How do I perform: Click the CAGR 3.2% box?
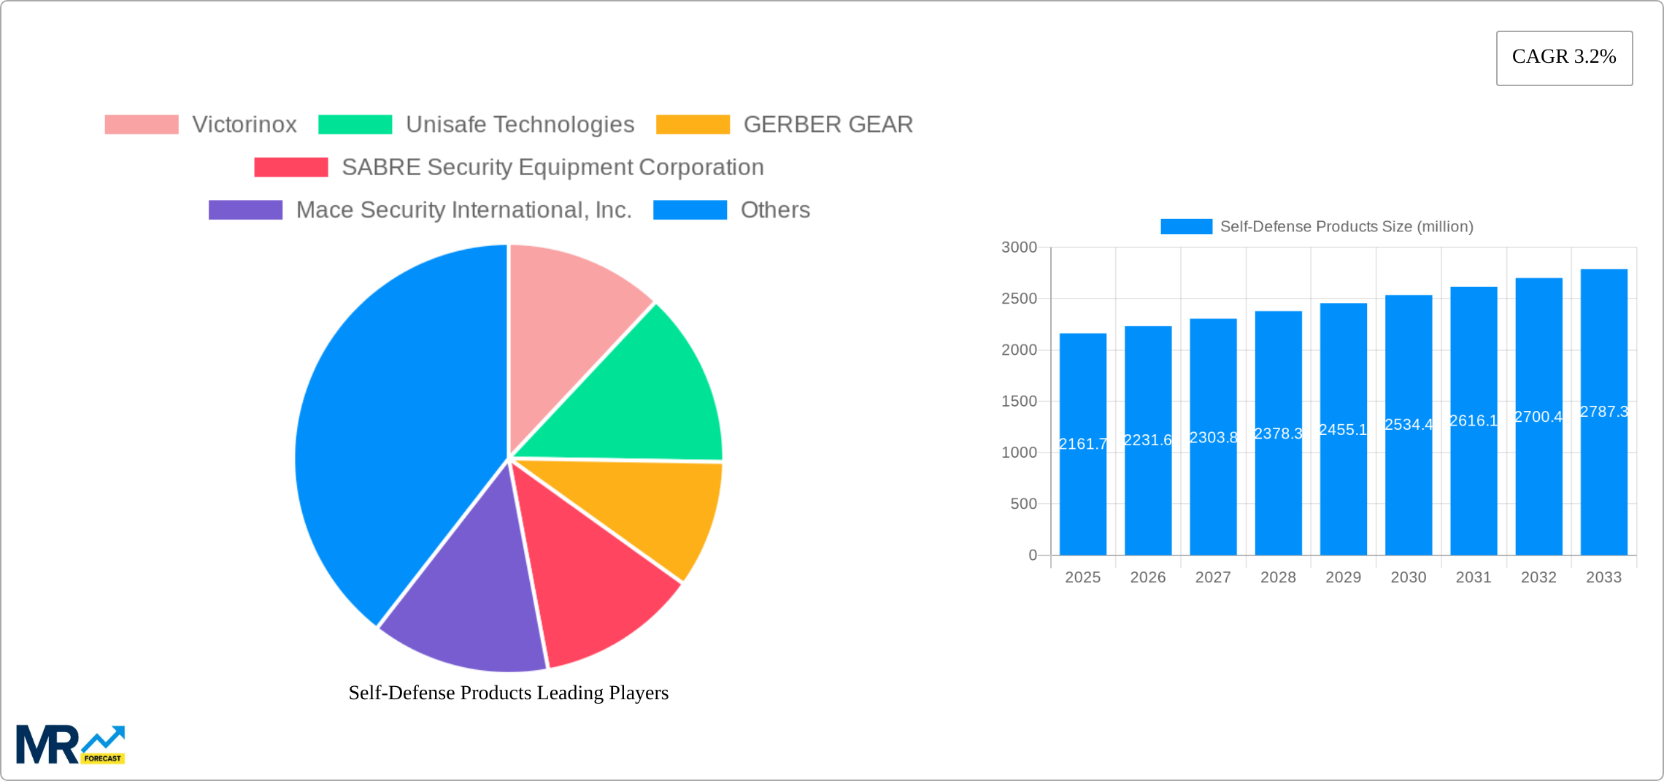(1564, 58)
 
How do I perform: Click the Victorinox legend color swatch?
(142, 125)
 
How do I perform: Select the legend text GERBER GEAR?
(828, 125)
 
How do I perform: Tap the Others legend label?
(775, 210)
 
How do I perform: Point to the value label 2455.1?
(1343, 430)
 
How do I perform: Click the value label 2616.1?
(1474, 421)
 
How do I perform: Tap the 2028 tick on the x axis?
(1278, 577)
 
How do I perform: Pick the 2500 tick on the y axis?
(1019, 299)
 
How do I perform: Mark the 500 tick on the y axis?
(1023, 504)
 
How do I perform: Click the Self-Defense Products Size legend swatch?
(1186, 227)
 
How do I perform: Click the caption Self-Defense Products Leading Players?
(508, 693)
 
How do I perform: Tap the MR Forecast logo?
(70, 745)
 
